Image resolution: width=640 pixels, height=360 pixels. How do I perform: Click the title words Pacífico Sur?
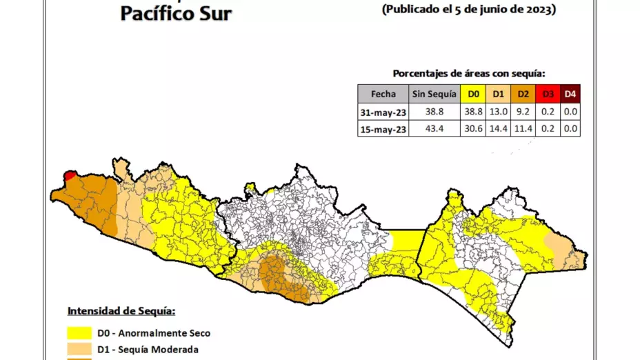point(176,13)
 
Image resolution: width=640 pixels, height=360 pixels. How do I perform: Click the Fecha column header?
point(383,94)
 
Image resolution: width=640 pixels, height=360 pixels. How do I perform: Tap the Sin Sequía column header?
point(434,94)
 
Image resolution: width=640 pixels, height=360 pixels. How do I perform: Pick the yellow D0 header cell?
point(473,94)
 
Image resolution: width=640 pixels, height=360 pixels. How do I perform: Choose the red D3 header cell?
point(548,94)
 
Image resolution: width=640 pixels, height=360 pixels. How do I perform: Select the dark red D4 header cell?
point(570,94)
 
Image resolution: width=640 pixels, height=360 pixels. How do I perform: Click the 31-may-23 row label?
point(383,111)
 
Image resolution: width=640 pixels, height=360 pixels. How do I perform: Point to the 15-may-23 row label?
point(383,128)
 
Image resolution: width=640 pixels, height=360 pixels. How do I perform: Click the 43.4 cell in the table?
point(434,128)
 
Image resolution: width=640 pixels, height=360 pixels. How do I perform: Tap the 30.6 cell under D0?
point(473,128)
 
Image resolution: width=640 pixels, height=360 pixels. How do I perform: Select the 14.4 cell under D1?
point(498,128)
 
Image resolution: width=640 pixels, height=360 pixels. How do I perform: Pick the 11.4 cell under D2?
point(523,128)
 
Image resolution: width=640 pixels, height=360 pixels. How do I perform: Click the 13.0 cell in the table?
point(498,111)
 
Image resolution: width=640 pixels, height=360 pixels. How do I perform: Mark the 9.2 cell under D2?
point(523,111)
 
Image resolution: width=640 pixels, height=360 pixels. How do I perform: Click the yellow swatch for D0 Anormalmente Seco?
point(80,333)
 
